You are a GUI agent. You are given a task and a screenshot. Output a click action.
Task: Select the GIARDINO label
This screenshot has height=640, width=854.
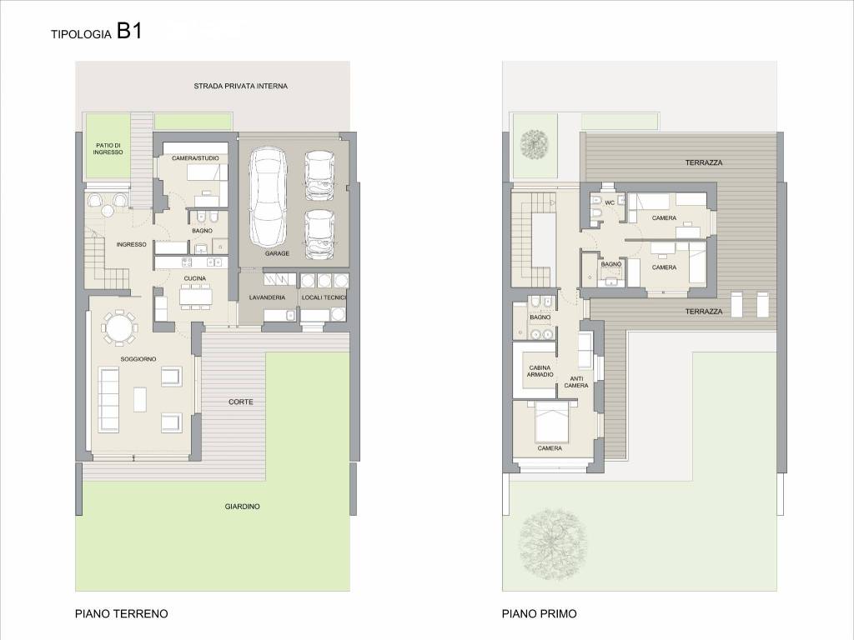[243, 507]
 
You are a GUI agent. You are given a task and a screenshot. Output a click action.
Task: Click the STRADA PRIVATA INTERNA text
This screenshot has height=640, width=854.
[241, 86]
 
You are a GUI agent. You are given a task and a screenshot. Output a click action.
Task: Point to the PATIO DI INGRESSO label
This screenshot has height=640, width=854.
[108, 148]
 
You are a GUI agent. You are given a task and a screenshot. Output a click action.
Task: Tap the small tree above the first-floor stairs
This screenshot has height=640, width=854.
[535, 143]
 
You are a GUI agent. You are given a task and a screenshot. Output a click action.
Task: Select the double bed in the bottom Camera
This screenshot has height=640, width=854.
[552, 422]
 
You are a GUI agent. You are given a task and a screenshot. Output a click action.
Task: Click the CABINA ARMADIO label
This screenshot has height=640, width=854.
[540, 371]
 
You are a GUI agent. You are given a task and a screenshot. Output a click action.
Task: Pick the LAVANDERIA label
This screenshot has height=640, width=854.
[267, 297]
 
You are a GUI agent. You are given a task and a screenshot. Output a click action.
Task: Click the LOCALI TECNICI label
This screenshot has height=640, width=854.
[324, 297]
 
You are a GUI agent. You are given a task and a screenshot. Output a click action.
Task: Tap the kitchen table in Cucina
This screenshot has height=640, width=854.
[197, 296]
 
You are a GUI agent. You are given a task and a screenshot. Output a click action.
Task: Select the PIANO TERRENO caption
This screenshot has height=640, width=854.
[122, 614]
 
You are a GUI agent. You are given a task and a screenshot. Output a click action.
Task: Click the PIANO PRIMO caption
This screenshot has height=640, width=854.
[540, 614]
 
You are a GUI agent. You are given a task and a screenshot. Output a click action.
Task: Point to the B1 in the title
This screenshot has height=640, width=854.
[129, 31]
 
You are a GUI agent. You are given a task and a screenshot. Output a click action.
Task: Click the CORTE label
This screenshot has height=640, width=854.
[241, 402]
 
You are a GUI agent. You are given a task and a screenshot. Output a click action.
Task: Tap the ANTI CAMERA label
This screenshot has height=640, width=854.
[576, 382]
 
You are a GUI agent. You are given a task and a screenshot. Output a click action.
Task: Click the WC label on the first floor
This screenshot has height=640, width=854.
[610, 203]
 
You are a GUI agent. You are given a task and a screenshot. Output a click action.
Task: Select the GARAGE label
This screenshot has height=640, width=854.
[277, 253]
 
